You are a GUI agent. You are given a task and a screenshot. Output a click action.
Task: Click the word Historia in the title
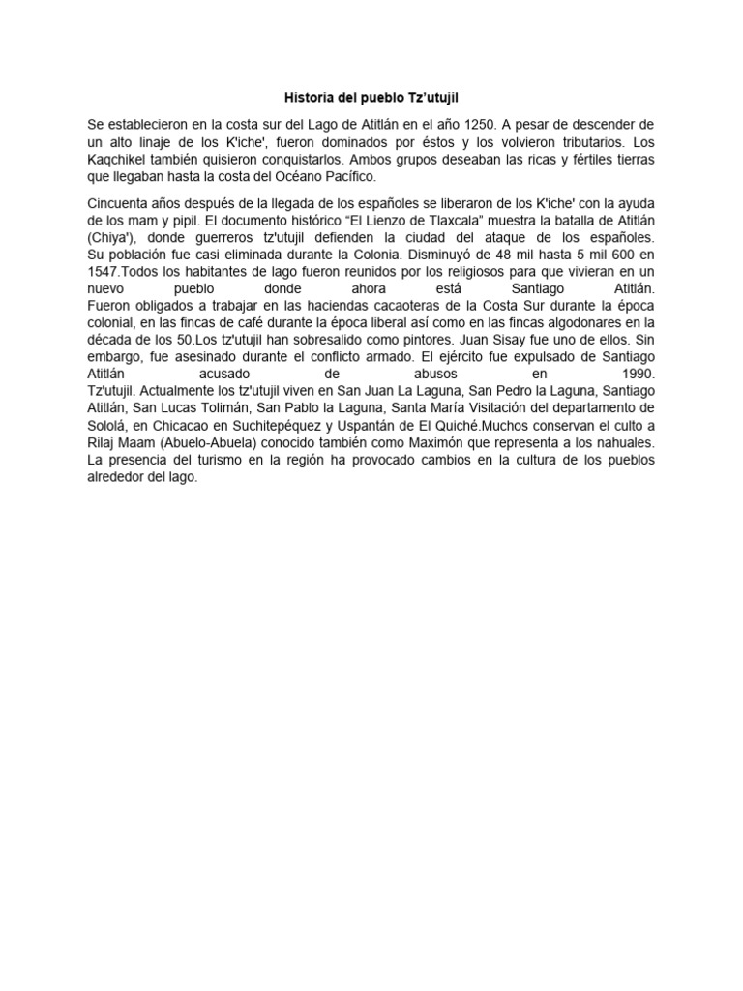coord(306,98)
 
